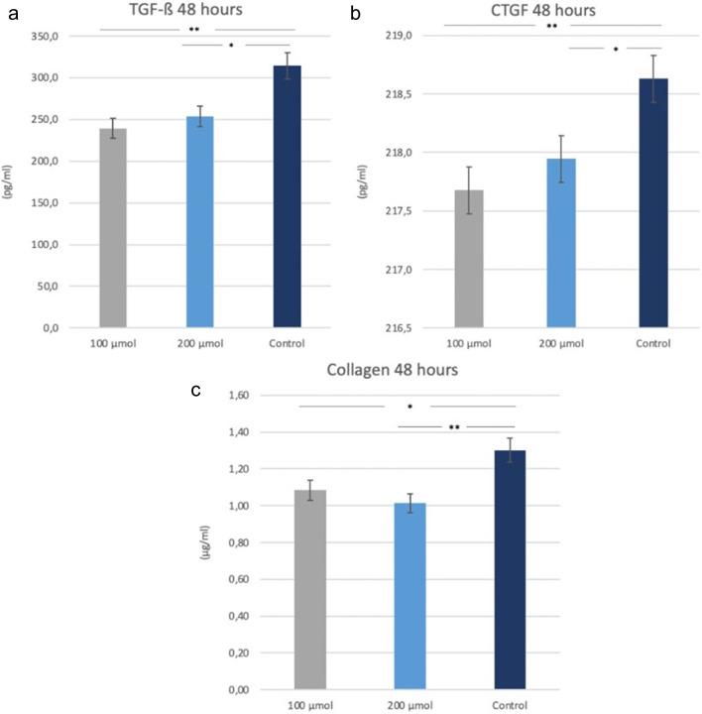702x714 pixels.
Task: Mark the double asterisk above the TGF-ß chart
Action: pyautogui.click(x=196, y=30)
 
